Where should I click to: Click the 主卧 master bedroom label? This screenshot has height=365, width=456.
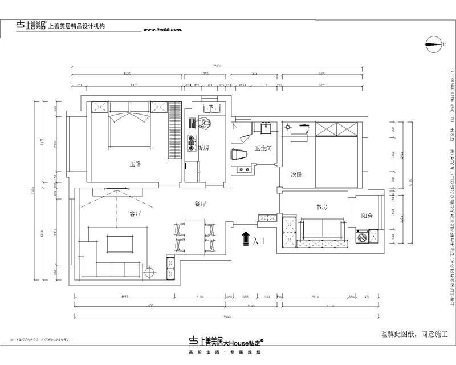tap(135, 164)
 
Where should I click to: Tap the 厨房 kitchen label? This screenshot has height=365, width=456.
tap(202, 148)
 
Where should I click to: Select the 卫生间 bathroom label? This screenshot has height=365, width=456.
tap(263, 148)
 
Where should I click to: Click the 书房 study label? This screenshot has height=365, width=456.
tap(321, 208)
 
